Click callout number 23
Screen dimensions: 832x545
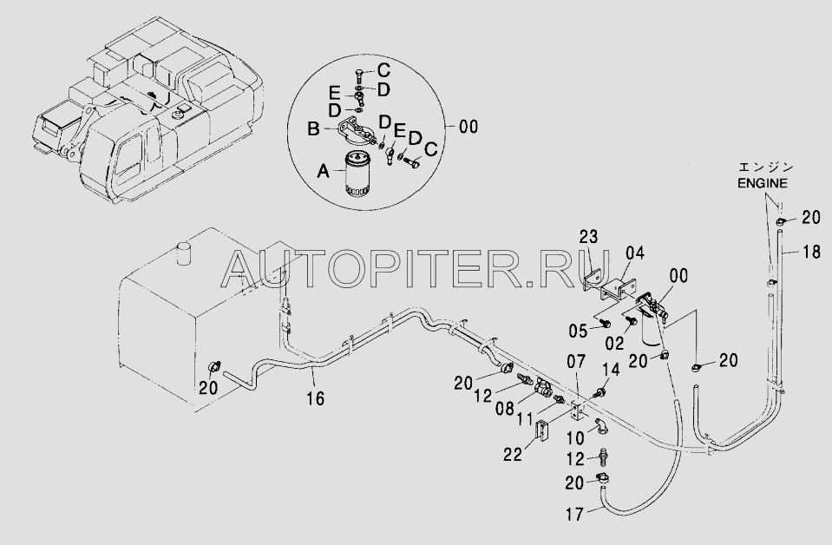point(588,236)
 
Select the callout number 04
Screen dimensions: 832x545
point(634,253)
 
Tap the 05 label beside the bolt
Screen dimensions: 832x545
point(579,331)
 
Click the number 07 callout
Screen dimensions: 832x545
point(576,362)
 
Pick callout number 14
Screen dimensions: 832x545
point(611,370)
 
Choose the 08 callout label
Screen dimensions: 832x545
point(506,408)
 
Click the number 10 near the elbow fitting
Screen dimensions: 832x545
point(575,437)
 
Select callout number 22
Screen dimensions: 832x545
point(513,456)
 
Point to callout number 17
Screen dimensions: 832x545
point(575,515)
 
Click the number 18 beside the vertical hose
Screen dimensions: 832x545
point(812,252)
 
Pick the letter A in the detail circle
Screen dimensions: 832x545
point(323,171)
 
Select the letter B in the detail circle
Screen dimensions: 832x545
point(314,129)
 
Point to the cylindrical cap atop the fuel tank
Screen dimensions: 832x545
point(184,253)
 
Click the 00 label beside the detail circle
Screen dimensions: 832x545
point(468,127)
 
